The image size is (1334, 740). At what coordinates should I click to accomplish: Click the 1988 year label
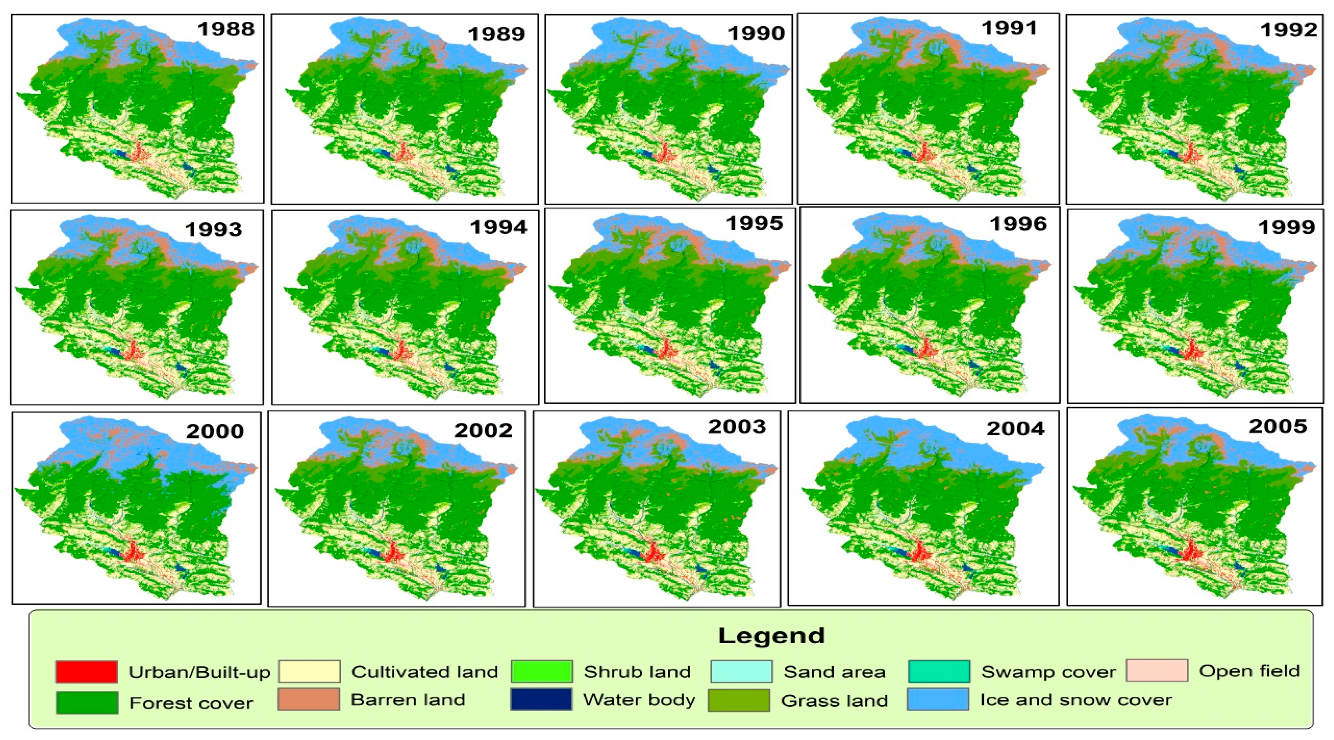[226, 29]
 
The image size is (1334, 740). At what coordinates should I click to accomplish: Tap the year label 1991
[1009, 28]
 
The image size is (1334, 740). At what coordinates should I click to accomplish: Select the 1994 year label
[498, 227]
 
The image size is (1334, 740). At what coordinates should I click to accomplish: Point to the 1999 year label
[1286, 227]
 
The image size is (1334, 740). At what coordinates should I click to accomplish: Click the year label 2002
[483, 430]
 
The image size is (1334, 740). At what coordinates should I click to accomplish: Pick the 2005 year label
[1278, 426]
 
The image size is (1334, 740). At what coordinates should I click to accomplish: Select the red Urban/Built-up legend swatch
[87, 672]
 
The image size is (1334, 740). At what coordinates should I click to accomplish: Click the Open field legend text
[1249, 671]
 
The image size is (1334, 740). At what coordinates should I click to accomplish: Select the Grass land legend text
[834, 701]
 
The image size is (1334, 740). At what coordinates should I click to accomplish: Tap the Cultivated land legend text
[425, 672]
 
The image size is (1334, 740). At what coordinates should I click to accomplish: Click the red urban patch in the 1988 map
[137, 152]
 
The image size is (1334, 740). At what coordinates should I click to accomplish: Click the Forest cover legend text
[191, 703]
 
